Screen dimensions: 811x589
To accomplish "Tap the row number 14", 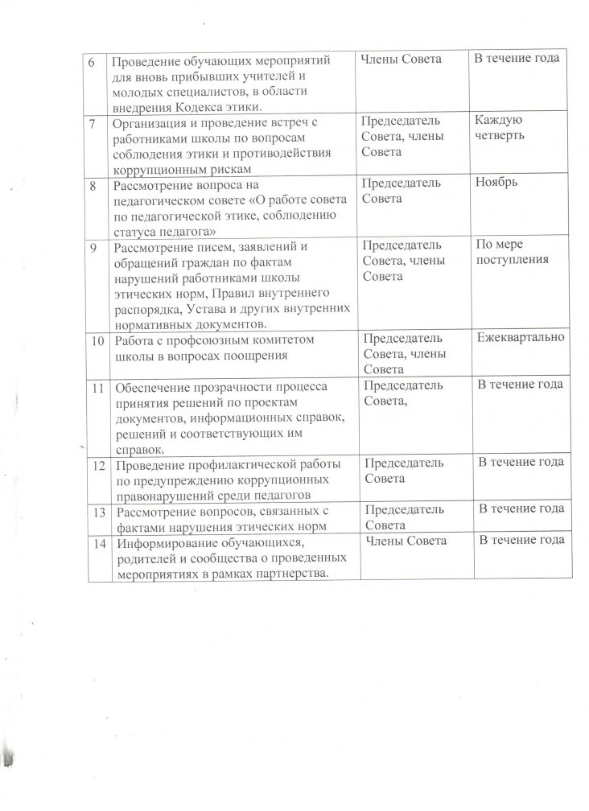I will [x=98, y=543].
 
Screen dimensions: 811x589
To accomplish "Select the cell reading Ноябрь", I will [x=497, y=183].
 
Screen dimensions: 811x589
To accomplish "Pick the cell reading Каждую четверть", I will [x=499, y=127].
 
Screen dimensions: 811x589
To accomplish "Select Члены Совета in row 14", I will [x=406, y=541].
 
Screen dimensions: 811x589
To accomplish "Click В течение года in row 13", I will [x=521, y=508].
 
